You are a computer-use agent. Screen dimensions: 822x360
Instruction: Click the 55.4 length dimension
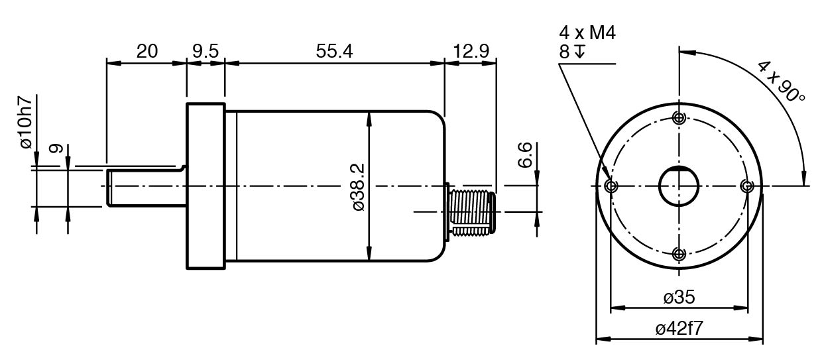point(334,51)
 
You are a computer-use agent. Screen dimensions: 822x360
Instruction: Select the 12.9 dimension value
point(471,51)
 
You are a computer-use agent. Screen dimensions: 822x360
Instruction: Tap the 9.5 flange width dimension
point(206,51)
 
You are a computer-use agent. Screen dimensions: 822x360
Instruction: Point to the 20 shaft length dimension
point(147,51)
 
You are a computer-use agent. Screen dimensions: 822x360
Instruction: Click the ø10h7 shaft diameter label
point(27,122)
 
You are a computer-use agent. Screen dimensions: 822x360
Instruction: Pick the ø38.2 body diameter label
point(359,187)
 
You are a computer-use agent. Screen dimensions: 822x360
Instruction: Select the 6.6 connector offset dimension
point(525,154)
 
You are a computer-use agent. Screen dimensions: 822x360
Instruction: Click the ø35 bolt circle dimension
point(679,297)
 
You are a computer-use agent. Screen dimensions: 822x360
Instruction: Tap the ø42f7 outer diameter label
point(679,328)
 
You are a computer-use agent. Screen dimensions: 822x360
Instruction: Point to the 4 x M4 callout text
point(587,33)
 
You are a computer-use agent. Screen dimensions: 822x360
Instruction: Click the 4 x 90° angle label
point(781,82)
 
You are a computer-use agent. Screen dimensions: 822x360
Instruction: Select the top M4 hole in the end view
point(679,118)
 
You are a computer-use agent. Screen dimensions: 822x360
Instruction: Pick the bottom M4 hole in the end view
point(679,253)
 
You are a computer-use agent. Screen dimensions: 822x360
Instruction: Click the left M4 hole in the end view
point(611,186)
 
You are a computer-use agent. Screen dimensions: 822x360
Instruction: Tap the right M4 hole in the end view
point(747,186)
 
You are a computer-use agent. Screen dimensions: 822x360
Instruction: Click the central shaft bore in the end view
point(679,186)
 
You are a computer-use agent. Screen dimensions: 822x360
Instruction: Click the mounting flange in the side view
point(206,186)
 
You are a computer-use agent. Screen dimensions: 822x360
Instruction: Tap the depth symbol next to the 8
point(580,51)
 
